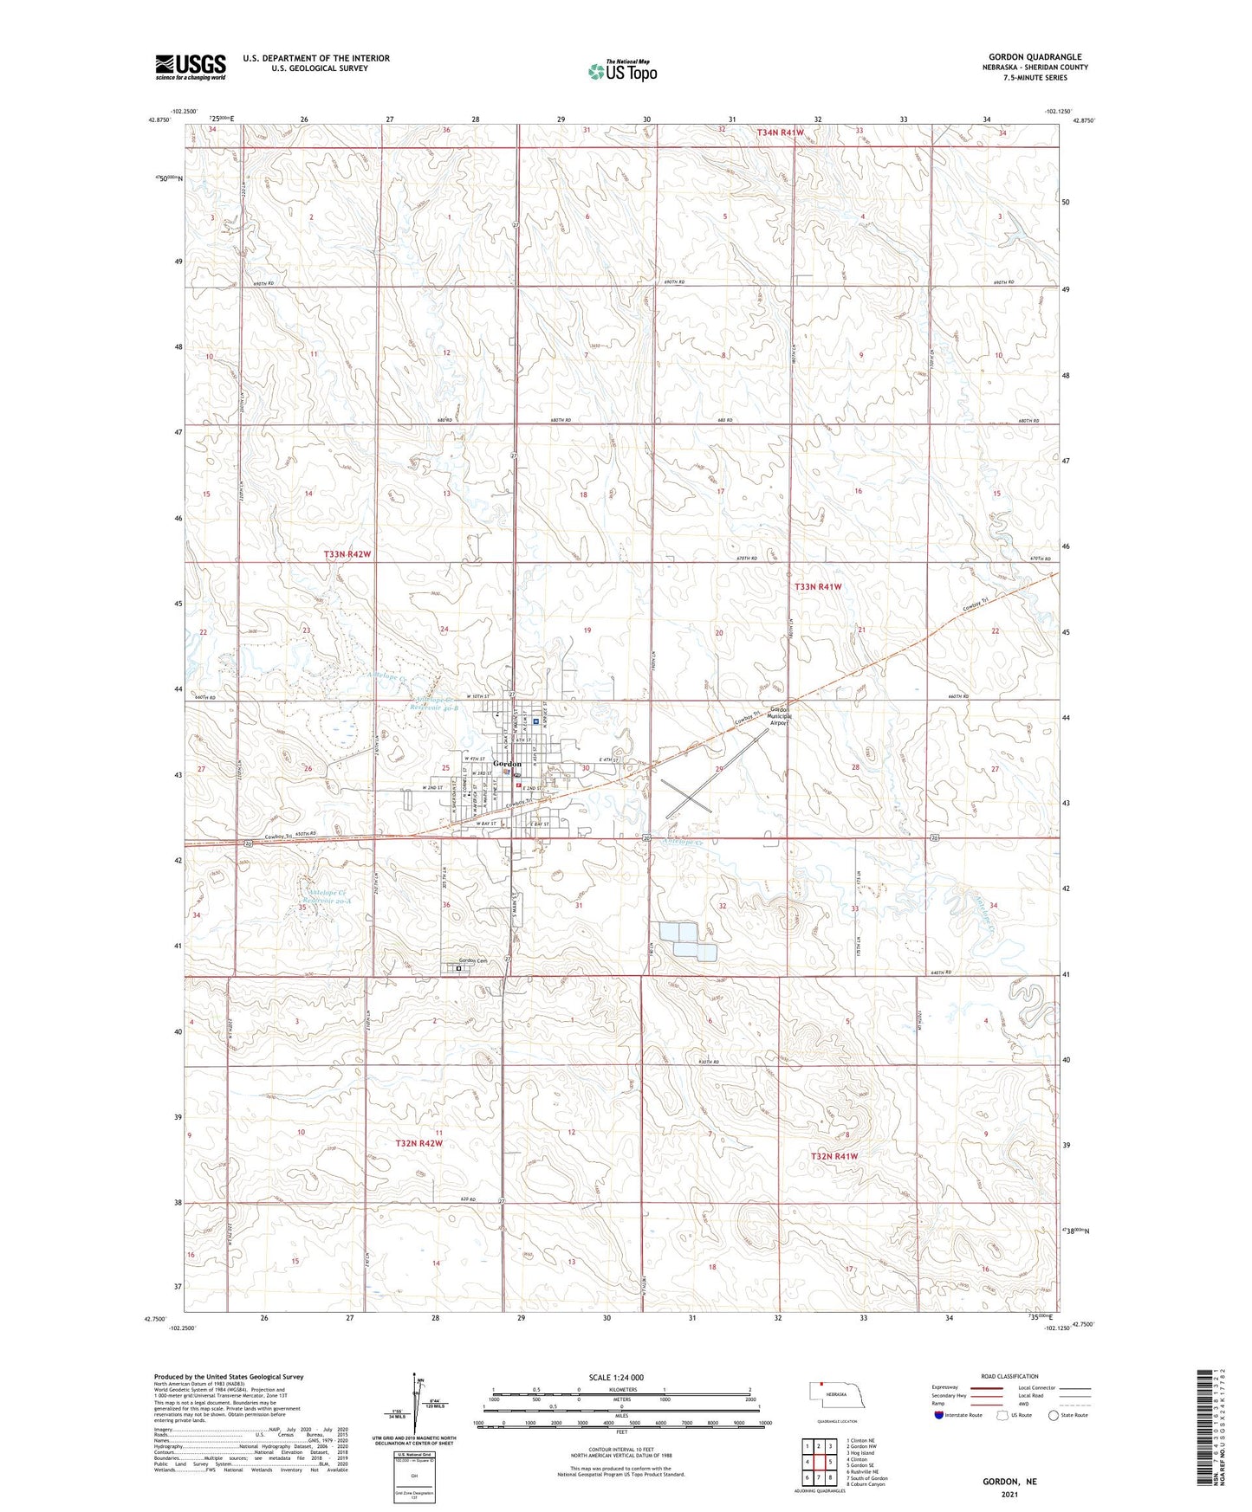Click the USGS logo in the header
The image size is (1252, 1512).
191,67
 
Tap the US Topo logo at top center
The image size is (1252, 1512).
622,71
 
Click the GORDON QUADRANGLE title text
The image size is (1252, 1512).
1035,57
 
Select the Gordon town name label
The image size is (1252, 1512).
508,764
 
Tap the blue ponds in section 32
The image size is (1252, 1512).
687,941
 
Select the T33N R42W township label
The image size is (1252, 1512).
347,553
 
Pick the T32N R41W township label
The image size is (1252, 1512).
834,1156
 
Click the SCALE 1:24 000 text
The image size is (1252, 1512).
616,1377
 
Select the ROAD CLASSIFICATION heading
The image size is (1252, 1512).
1009,1376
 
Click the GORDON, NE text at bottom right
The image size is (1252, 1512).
1009,1482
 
